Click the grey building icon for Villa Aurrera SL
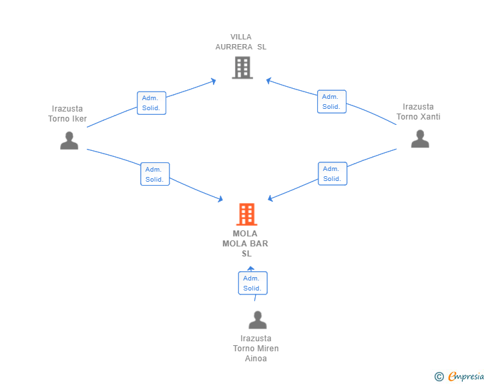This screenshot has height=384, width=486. pyautogui.click(x=242, y=67)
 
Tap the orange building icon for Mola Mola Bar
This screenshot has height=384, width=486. pyautogui.click(x=247, y=214)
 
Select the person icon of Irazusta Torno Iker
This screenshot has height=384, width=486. pyautogui.click(x=69, y=140)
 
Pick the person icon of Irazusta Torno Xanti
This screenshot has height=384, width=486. pyautogui.click(x=420, y=139)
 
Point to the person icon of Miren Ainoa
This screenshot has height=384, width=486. pyautogui.click(x=258, y=320)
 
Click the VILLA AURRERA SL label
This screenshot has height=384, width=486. pyautogui.click(x=241, y=42)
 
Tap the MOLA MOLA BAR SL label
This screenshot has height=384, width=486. pyautogui.click(x=245, y=244)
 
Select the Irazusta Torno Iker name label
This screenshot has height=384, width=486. pyautogui.click(x=67, y=114)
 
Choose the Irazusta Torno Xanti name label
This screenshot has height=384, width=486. pyautogui.click(x=418, y=112)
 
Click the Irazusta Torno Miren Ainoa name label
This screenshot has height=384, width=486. pyautogui.click(x=256, y=349)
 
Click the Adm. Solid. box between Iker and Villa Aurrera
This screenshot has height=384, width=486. pyautogui.click(x=152, y=103)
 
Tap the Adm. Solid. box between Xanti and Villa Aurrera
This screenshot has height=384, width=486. pyautogui.click(x=332, y=102)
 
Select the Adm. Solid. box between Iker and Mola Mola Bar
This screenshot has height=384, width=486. pyautogui.click(x=155, y=174)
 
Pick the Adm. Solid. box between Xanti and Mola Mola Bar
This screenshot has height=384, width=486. pyautogui.click(x=332, y=174)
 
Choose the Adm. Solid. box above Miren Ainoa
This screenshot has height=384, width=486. pyautogui.click(x=252, y=283)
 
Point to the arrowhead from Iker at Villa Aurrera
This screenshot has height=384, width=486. pyautogui.click(x=214, y=81)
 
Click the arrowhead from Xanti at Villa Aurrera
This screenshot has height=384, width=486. pyautogui.click(x=268, y=81)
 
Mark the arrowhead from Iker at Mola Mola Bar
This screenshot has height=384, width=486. pyautogui.click(x=221, y=199)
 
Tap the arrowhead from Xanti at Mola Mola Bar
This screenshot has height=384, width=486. pyautogui.click(x=270, y=198)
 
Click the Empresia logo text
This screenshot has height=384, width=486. pyautogui.click(x=466, y=376)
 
